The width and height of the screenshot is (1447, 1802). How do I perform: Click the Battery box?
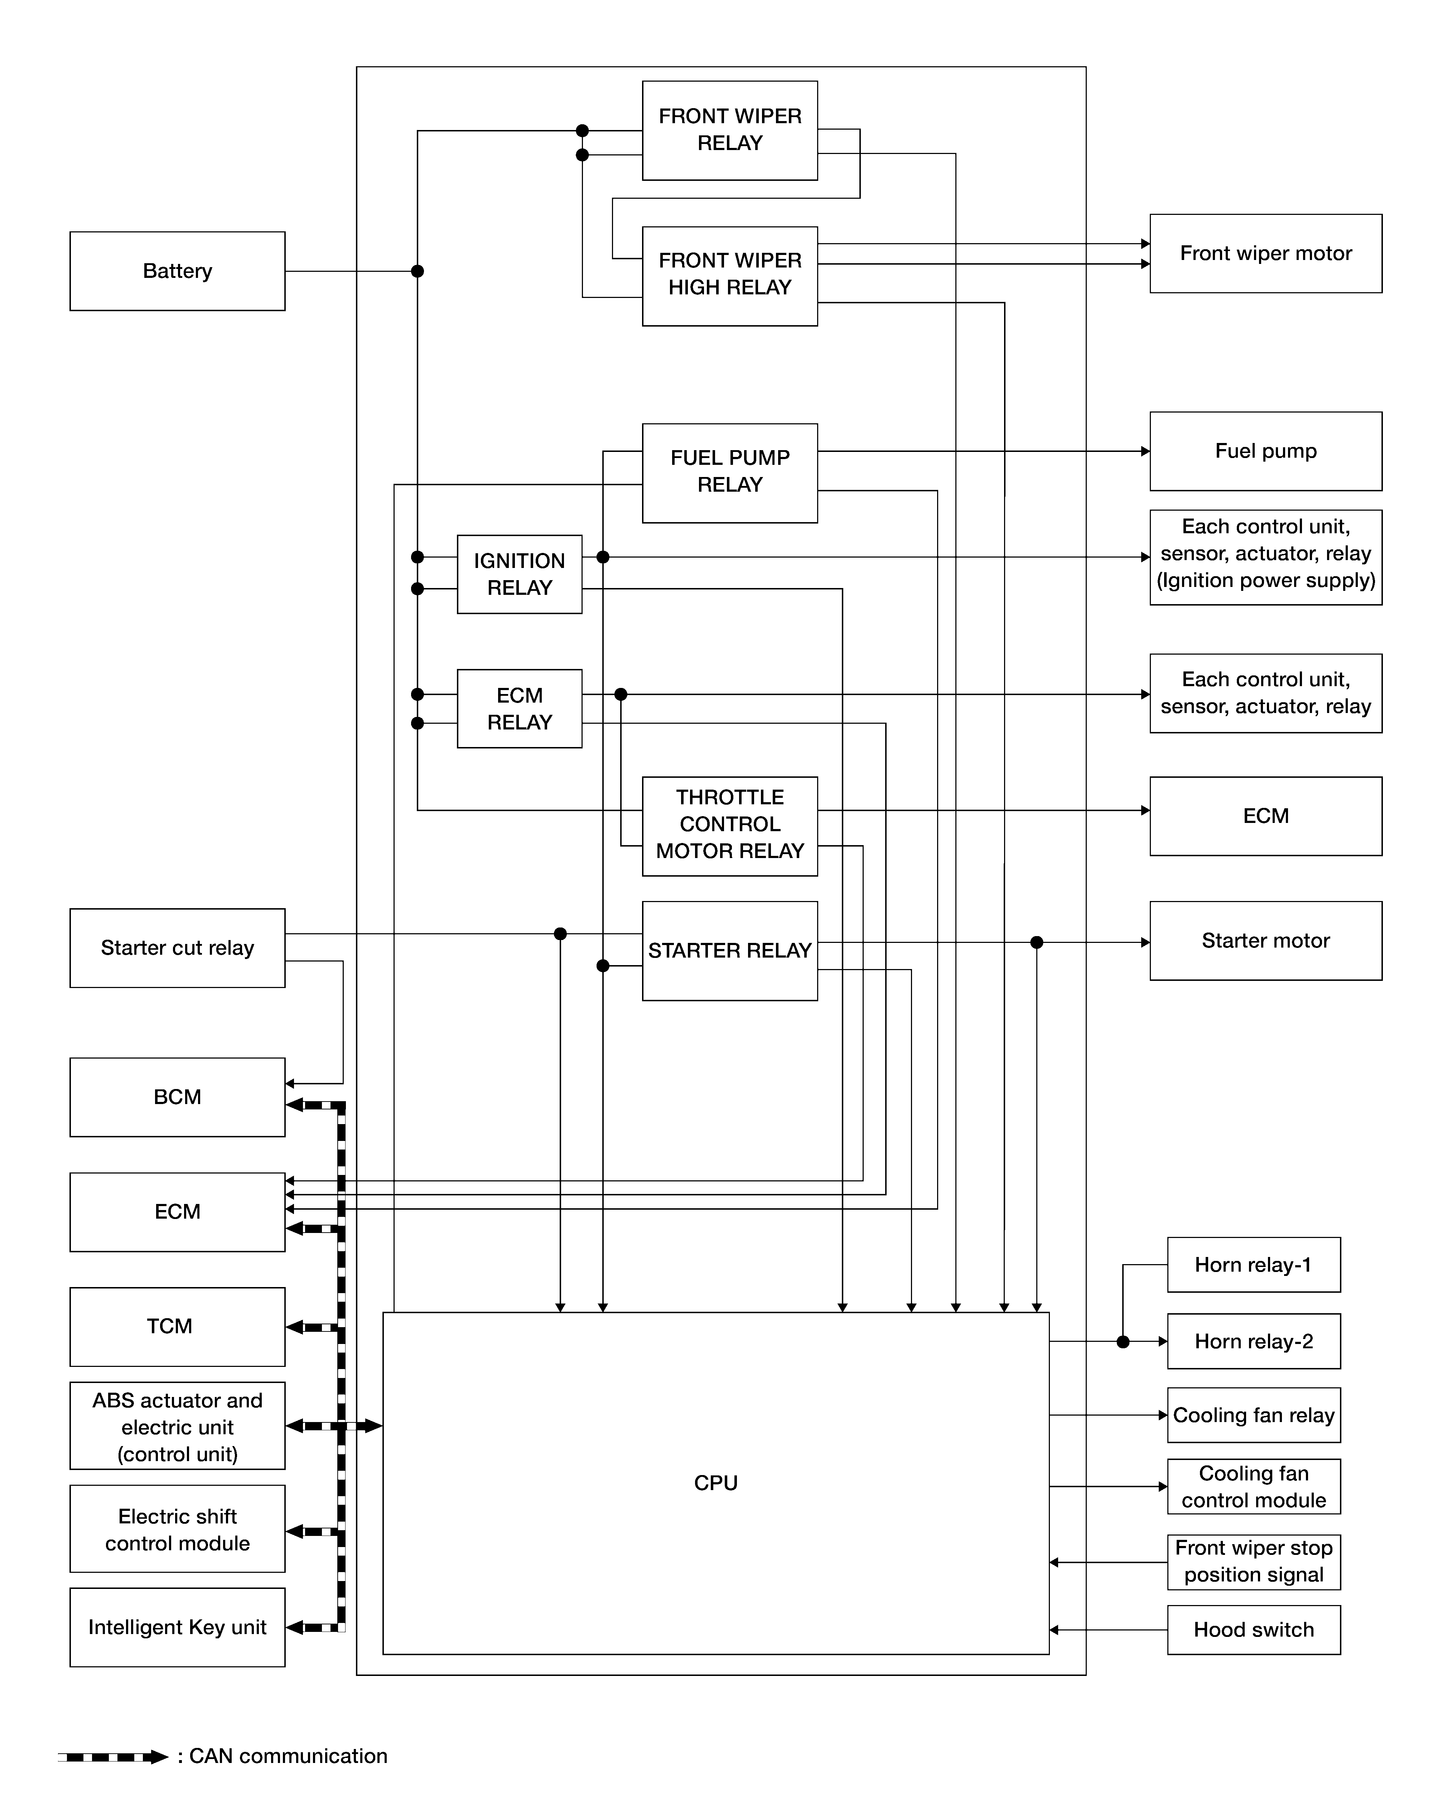tap(177, 271)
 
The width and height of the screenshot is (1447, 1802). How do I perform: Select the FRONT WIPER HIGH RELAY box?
tap(730, 276)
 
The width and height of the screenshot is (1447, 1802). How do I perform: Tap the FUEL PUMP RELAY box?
tap(730, 473)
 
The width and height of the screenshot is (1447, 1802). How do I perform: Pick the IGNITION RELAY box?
tap(519, 574)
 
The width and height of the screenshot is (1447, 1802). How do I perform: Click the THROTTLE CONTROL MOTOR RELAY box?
tap(730, 826)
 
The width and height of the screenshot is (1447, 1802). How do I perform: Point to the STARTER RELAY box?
tap(730, 950)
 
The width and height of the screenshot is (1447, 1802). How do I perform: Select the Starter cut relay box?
tap(177, 948)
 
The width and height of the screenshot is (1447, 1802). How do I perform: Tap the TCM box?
tap(177, 1326)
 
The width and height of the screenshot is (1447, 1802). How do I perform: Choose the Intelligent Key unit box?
tap(177, 1627)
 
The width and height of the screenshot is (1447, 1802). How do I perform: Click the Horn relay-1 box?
tap(1254, 1264)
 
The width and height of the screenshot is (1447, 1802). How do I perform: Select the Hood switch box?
tap(1254, 1630)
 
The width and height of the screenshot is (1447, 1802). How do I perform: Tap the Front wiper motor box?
tap(1265, 253)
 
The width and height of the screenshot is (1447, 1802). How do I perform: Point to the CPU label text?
tap(715, 1483)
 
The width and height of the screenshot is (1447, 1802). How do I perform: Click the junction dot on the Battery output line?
tap(417, 271)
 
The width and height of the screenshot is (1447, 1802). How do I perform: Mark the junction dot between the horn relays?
tap(1123, 1341)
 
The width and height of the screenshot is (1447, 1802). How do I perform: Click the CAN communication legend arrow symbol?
tap(113, 1757)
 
